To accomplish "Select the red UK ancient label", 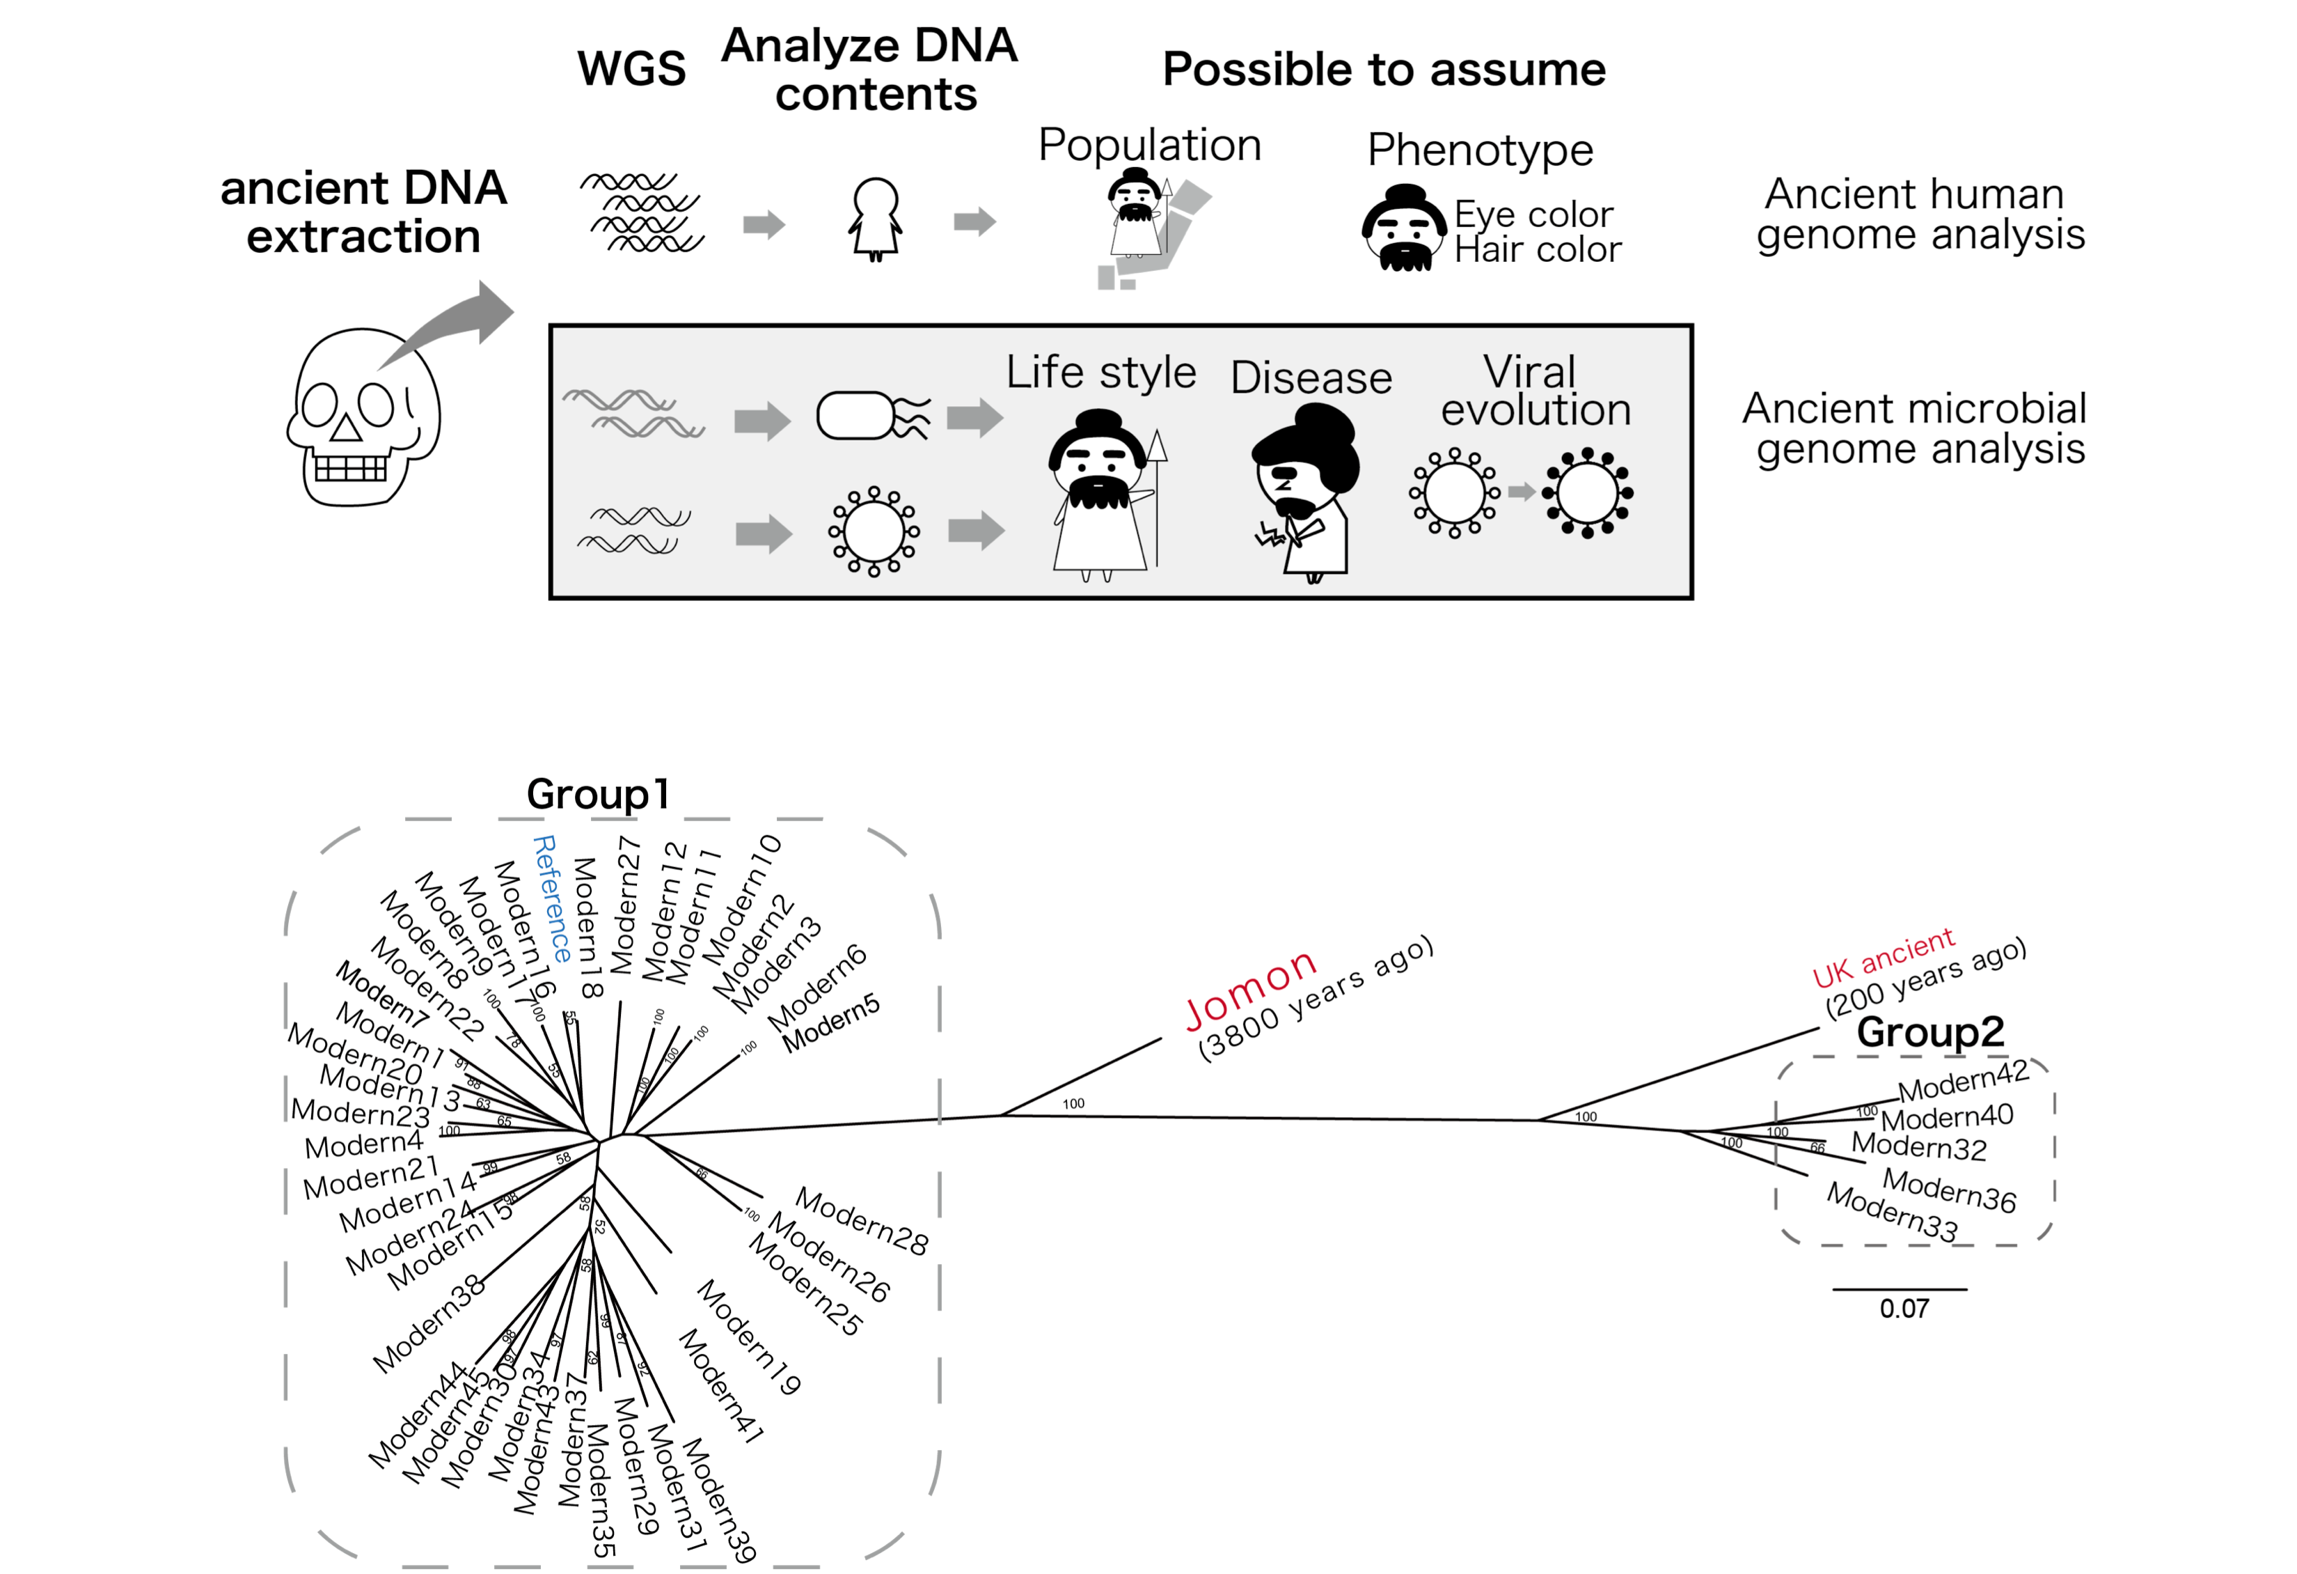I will (1883, 957).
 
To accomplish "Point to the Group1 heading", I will (598, 794).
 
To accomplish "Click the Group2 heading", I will (1929, 1032).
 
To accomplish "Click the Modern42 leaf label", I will (1963, 1082).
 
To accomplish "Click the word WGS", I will (631, 69).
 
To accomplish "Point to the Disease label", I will (1311, 377).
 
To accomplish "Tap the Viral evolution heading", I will (1534, 391).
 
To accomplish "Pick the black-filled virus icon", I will (1587, 492).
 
